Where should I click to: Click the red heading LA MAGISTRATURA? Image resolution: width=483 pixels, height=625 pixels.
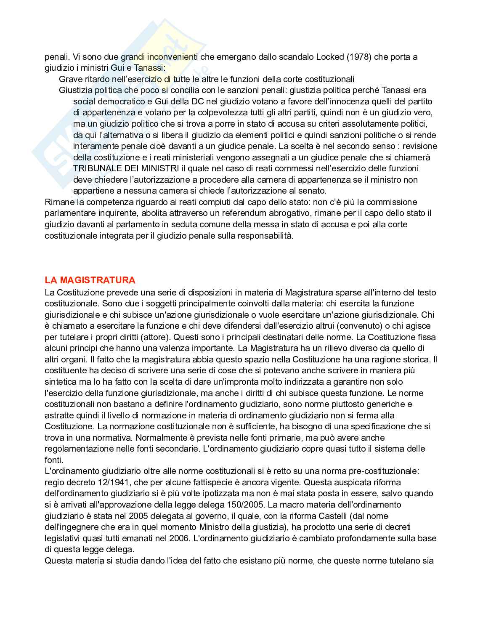point(90,280)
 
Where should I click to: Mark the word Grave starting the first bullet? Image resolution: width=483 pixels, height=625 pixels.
point(70,79)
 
